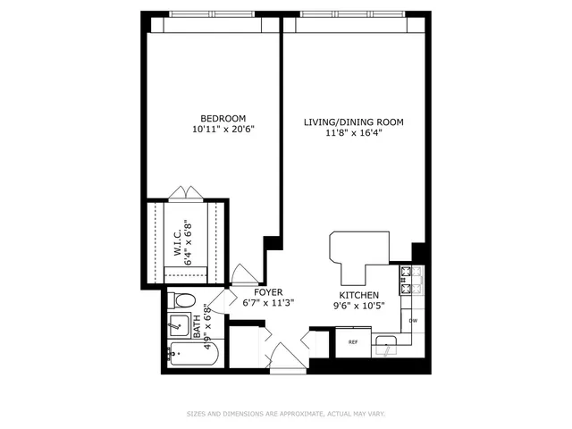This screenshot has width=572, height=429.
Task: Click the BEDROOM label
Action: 223,119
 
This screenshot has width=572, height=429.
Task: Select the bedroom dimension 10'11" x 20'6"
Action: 223,130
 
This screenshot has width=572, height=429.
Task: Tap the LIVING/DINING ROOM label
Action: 354,122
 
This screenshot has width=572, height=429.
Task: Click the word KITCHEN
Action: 358,296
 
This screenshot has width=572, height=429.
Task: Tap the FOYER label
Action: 269,292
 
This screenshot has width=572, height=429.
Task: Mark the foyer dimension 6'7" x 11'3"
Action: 269,303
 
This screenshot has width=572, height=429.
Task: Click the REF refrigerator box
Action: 353,341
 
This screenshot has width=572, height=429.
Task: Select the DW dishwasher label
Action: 413,320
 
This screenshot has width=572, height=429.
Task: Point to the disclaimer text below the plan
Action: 285,414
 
